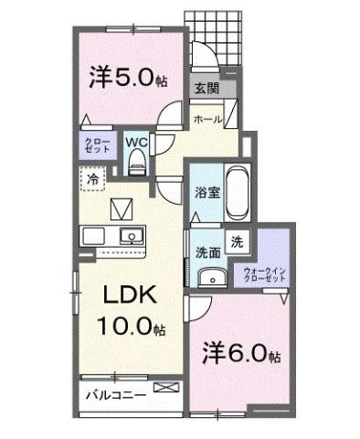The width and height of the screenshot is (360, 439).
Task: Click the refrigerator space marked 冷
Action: pos(94,180)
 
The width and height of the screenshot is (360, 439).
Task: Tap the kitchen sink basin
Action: pos(132,237)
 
